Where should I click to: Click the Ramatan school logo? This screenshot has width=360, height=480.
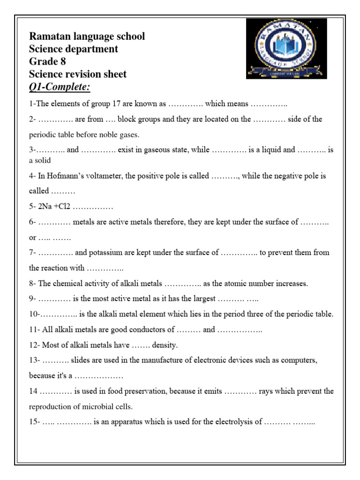point(286,49)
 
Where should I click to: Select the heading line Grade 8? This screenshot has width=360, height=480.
point(47,61)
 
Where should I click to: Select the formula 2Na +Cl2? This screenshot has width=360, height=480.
point(53,207)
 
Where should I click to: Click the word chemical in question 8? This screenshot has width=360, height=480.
point(69,284)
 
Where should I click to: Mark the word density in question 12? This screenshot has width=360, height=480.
point(165,345)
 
